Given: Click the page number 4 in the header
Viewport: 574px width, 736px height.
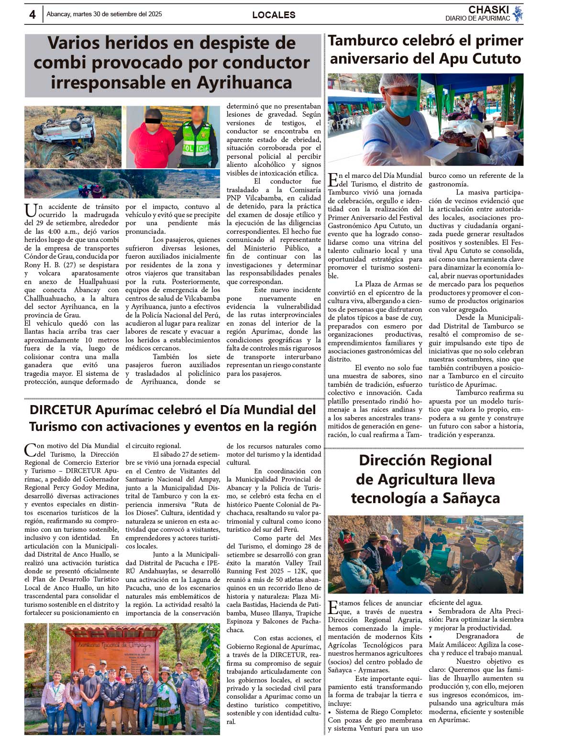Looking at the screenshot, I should click(32, 15).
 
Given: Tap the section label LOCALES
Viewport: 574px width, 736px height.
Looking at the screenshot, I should click(274, 15).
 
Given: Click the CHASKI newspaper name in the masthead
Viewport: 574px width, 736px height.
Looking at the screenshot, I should click(488, 10).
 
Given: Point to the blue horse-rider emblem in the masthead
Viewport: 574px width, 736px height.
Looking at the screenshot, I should click(518, 14).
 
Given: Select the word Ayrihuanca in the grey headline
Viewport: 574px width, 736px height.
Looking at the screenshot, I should click(244, 83).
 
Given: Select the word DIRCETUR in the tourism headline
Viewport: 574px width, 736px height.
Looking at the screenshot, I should click(60, 410).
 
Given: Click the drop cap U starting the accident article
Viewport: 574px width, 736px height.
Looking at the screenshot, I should click(31, 210).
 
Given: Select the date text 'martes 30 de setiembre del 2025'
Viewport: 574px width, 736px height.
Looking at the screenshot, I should click(117, 14).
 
